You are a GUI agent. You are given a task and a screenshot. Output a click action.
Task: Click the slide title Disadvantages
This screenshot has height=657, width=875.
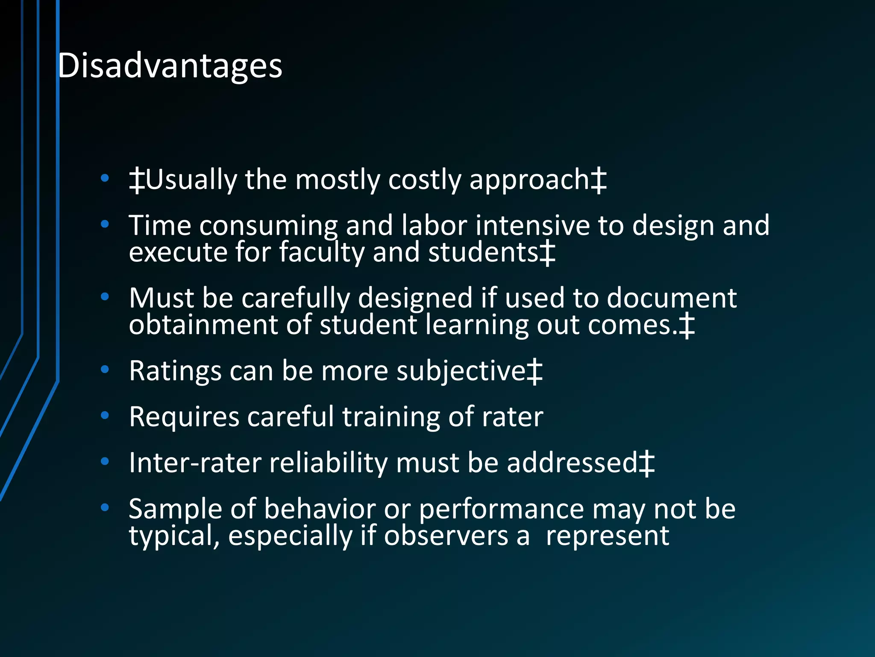click(x=170, y=66)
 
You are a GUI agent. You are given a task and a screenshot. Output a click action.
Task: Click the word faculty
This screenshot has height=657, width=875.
click(x=321, y=252)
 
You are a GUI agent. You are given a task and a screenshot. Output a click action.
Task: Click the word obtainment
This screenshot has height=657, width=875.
click(x=203, y=325)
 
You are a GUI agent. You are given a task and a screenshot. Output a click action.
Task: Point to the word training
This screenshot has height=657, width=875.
click(x=391, y=417)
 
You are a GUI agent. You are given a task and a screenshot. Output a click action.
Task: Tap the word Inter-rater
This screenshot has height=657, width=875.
click(x=195, y=463)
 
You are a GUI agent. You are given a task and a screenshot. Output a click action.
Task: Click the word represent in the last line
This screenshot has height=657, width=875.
click(x=607, y=536)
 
